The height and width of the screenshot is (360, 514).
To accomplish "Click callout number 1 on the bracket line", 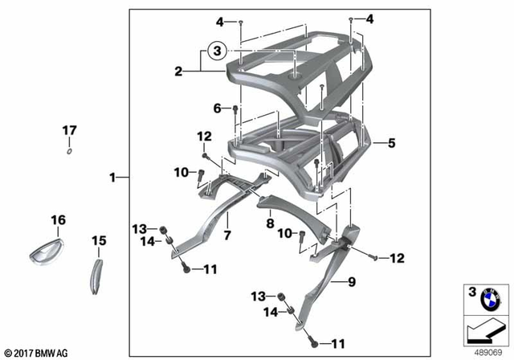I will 113,176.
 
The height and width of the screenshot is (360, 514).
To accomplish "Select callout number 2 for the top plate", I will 178,72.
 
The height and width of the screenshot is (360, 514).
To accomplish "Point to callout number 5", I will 392,144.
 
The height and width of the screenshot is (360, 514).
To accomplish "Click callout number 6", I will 216,108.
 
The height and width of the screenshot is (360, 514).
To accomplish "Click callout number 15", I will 99,240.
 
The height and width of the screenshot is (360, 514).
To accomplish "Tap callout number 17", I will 70,129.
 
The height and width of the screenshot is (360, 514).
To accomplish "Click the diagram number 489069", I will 483,351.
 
